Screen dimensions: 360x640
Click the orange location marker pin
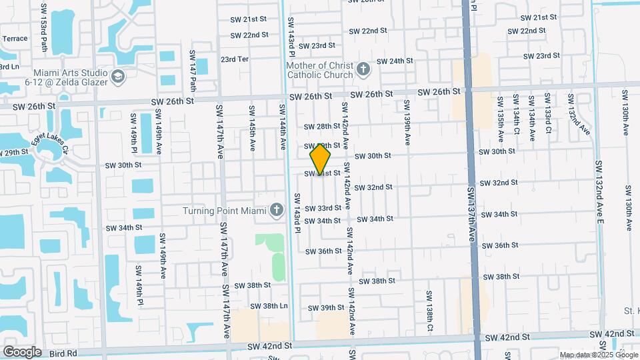pos(321,159)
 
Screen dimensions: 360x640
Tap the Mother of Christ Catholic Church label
pos(319,70)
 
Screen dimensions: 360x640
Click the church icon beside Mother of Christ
pos(363,69)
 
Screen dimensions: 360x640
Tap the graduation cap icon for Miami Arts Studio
pos(119,77)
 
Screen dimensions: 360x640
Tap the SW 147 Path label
pos(193,70)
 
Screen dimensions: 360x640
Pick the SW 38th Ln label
pos(274,306)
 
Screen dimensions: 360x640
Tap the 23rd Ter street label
pos(235,59)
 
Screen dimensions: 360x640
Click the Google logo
pos(23,351)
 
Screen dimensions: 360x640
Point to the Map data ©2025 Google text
pos(599,355)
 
